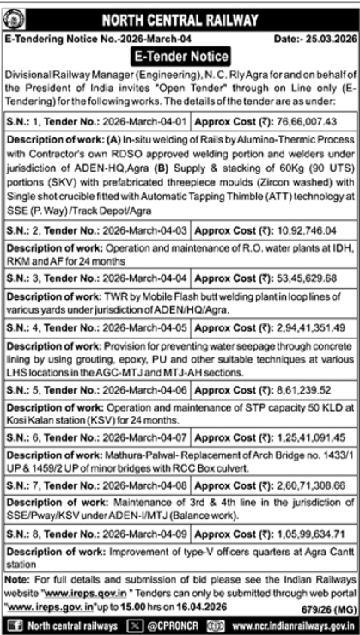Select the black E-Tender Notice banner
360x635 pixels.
point(180,57)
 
